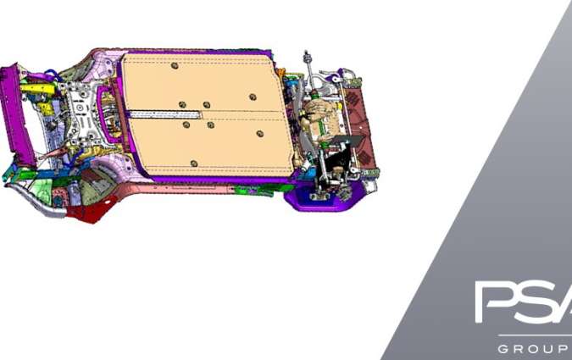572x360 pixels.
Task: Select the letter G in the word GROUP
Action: [503, 349]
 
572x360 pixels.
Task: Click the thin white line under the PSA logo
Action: [535, 335]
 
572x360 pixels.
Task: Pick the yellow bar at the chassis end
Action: [36, 89]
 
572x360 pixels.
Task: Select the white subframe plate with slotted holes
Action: [81, 113]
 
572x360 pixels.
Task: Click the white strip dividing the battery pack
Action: [166, 115]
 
